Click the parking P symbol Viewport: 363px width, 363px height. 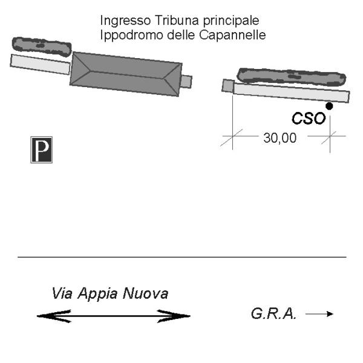point(41,150)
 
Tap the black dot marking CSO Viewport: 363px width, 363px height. point(329,106)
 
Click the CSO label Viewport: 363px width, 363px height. point(309,119)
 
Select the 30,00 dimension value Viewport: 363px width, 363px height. point(280,138)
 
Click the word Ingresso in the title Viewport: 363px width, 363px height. point(125,21)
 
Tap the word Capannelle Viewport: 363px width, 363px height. point(232,35)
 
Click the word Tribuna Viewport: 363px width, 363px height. point(177,21)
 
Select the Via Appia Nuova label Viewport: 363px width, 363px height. point(110,293)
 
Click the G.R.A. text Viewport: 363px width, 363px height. point(273,313)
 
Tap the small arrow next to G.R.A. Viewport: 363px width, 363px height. point(319,314)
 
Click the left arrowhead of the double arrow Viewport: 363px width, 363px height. point(54,316)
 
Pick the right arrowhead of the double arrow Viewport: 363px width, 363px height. point(174,316)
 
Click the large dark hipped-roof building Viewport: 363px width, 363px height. point(126,74)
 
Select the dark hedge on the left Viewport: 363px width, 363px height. point(42,47)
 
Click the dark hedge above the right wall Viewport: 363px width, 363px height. point(291,76)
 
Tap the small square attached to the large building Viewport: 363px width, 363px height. point(186,82)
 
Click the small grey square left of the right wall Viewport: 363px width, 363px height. point(228,86)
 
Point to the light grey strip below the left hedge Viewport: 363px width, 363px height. point(40,64)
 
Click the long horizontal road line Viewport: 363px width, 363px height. point(182,257)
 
